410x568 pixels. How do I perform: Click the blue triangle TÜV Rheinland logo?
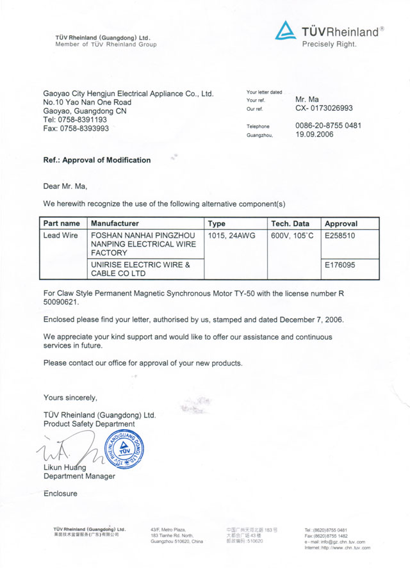(287, 31)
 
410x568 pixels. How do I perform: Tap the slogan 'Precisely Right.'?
(329, 44)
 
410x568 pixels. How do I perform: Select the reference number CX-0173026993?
(324, 109)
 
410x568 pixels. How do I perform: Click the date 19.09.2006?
(315, 135)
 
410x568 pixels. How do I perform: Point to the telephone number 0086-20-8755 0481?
(328, 126)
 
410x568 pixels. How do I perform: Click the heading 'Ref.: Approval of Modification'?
(97, 160)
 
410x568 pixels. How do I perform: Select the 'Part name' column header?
(61, 223)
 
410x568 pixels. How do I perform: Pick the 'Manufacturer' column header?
(115, 223)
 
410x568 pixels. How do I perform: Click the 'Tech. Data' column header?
(290, 223)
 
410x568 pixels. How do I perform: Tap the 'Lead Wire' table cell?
(61, 236)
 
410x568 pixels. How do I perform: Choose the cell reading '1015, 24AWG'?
(232, 236)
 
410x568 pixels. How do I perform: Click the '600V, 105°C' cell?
(292, 236)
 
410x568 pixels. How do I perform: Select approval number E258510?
(340, 236)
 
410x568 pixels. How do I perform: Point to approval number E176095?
(340, 264)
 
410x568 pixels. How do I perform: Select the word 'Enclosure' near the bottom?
(60, 494)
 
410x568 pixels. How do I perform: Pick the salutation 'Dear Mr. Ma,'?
(65, 186)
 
